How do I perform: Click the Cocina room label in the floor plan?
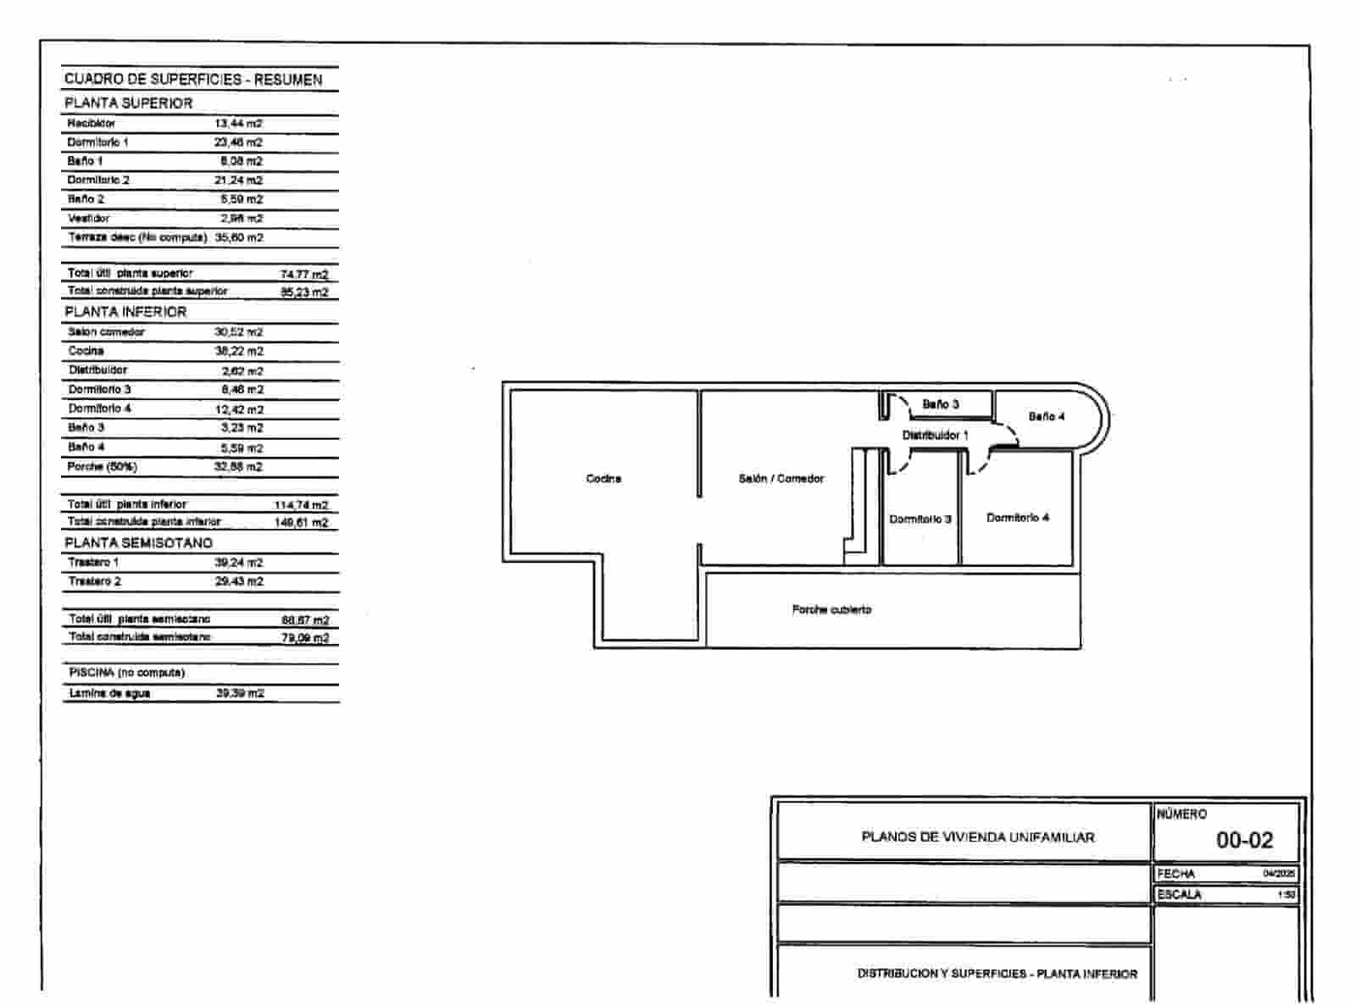click(603, 479)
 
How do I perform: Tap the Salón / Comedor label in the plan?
click(781, 479)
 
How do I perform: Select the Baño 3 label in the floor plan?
click(940, 404)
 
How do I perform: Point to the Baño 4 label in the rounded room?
click(1047, 417)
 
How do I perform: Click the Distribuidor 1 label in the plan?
click(935, 436)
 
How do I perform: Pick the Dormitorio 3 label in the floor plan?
click(920, 519)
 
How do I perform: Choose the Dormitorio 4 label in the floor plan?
click(1018, 518)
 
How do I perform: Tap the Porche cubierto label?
click(831, 609)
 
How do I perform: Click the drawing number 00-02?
click(1244, 840)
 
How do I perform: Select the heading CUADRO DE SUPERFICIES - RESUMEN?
click(193, 80)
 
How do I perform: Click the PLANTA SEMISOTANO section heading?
click(139, 542)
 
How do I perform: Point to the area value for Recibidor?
click(238, 124)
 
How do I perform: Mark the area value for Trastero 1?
click(239, 563)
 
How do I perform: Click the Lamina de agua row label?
click(109, 693)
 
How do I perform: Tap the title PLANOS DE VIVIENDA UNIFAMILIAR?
click(978, 837)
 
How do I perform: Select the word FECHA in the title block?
click(1175, 874)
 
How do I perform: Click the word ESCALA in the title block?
click(1179, 894)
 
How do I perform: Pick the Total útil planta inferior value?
click(301, 505)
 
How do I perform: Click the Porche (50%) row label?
click(102, 467)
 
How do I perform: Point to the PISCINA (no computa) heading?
click(126, 673)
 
